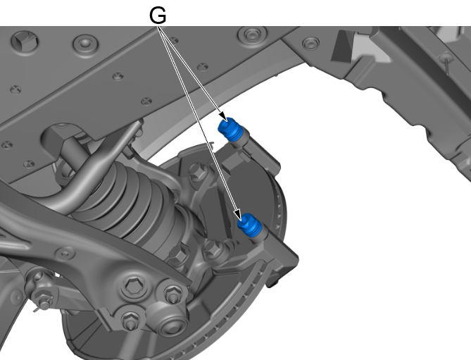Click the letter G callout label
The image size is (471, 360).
click(x=158, y=15)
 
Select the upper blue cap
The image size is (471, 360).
click(x=230, y=129)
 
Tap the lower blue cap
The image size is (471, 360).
click(x=250, y=225)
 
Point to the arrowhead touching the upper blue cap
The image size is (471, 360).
click(x=223, y=116)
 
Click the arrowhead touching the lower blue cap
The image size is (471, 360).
click(x=238, y=215)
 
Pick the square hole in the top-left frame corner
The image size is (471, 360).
click(x=25, y=42)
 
